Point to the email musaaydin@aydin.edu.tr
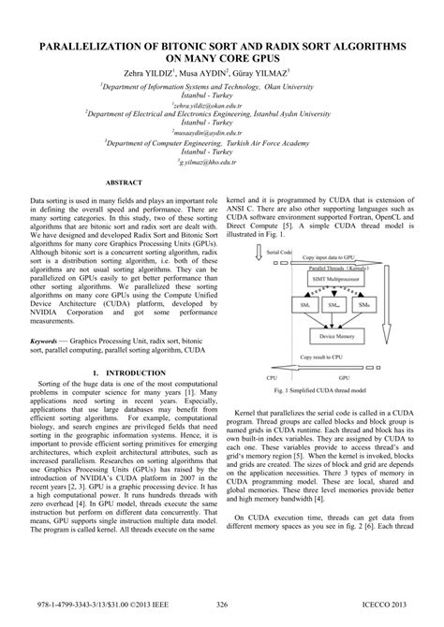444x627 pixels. pos(221,132)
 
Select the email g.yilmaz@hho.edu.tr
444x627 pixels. pos(221,159)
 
